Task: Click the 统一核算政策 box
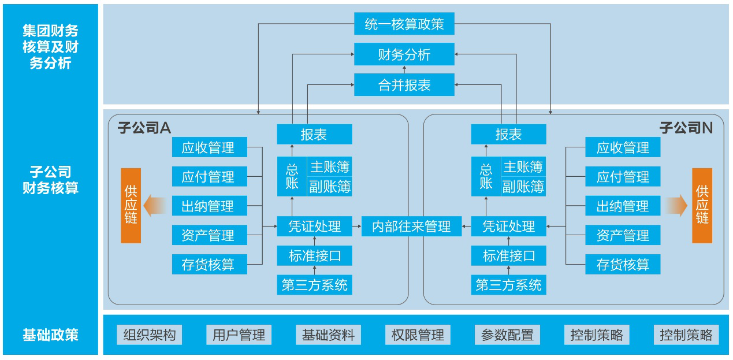point(404,24)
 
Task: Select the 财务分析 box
point(404,55)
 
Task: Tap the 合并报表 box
point(404,86)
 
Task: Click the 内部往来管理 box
point(412,226)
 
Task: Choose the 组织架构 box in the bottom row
point(149,335)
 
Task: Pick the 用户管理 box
point(239,335)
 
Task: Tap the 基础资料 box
point(328,335)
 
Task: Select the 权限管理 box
point(418,335)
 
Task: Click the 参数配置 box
point(507,335)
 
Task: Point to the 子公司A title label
point(144,128)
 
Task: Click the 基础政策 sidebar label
point(50,335)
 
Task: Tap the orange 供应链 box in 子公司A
point(131,206)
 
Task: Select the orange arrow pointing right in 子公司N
point(676,205)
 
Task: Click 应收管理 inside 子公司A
point(209,147)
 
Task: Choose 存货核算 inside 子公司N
point(623,265)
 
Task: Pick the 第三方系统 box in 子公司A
point(314,285)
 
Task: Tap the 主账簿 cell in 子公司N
point(523,167)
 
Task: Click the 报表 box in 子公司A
point(314,135)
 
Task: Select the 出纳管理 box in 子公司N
point(623,206)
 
